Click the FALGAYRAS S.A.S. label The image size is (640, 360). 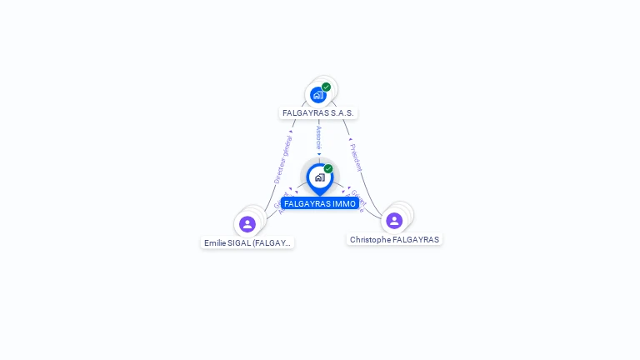click(318, 112)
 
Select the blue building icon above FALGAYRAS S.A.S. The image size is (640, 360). click(317, 95)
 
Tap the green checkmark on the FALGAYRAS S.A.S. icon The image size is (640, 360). click(326, 87)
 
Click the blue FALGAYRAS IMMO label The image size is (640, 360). click(319, 203)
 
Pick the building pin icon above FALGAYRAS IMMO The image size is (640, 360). click(319, 177)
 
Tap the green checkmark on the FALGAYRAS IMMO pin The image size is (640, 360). click(328, 169)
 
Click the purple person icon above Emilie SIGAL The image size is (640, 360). click(247, 223)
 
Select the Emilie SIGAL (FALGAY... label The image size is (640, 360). click(247, 243)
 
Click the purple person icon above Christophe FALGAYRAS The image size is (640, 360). click(394, 220)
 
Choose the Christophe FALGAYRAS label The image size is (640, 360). click(394, 239)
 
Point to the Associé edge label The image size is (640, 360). click(318, 137)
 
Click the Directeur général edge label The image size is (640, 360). click(283, 160)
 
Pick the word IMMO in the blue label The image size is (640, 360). click(343, 203)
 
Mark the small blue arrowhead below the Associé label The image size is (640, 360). click(318, 153)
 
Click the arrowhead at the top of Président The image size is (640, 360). click(350, 139)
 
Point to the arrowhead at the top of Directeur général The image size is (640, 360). click(291, 132)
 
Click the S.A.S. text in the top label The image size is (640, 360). click(342, 112)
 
